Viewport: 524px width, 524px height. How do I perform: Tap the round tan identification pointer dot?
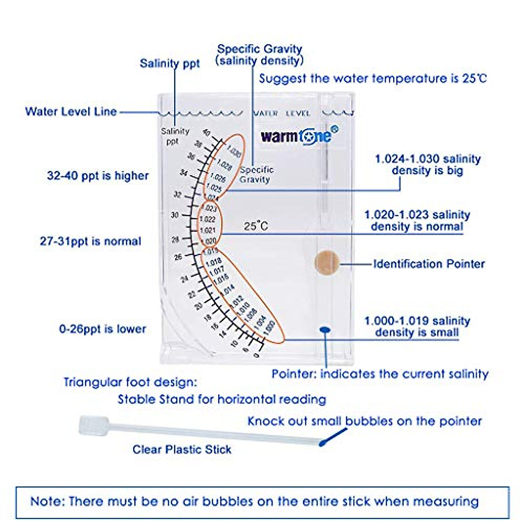click(x=327, y=263)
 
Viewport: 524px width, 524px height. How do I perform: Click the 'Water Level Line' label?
click(x=71, y=111)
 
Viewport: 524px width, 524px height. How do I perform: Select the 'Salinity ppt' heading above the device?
click(x=169, y=63)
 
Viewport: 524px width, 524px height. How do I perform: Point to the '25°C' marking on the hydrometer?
click(x=256, y=226)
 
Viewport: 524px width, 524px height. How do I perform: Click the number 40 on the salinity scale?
click(x=207, y=133)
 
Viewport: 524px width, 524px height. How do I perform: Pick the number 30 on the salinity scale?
click(x=175, y=215)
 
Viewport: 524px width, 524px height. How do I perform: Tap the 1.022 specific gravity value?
click(x=207, y=219)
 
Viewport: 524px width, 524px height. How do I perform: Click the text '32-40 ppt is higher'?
click(x=98, y=176)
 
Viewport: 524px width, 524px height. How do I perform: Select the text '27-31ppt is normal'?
click(x=90, y=241)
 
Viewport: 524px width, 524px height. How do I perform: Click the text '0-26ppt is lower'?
click(x=103, y=329)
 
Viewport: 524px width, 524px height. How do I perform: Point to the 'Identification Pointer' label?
click(x=429, y=264)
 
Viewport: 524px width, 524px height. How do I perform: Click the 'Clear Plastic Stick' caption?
click(x=182, y=449)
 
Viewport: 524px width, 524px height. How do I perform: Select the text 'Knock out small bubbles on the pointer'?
click(x=365, y=421)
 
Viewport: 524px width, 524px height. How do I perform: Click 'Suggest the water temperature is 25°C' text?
click(x=372, y=79)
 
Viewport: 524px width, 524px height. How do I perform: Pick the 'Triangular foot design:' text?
click(x=130, y=382)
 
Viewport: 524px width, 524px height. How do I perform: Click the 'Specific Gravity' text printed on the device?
click(x=256, y=174)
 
